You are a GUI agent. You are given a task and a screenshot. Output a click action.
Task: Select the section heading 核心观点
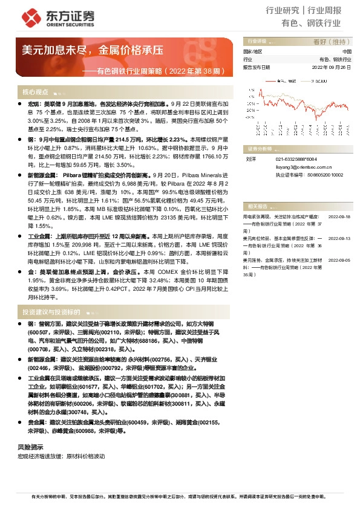tap(35, 92)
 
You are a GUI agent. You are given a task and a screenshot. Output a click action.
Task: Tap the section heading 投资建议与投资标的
tap(51, 312)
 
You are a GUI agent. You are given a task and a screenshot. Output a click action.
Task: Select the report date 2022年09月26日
tap(332, 68)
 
